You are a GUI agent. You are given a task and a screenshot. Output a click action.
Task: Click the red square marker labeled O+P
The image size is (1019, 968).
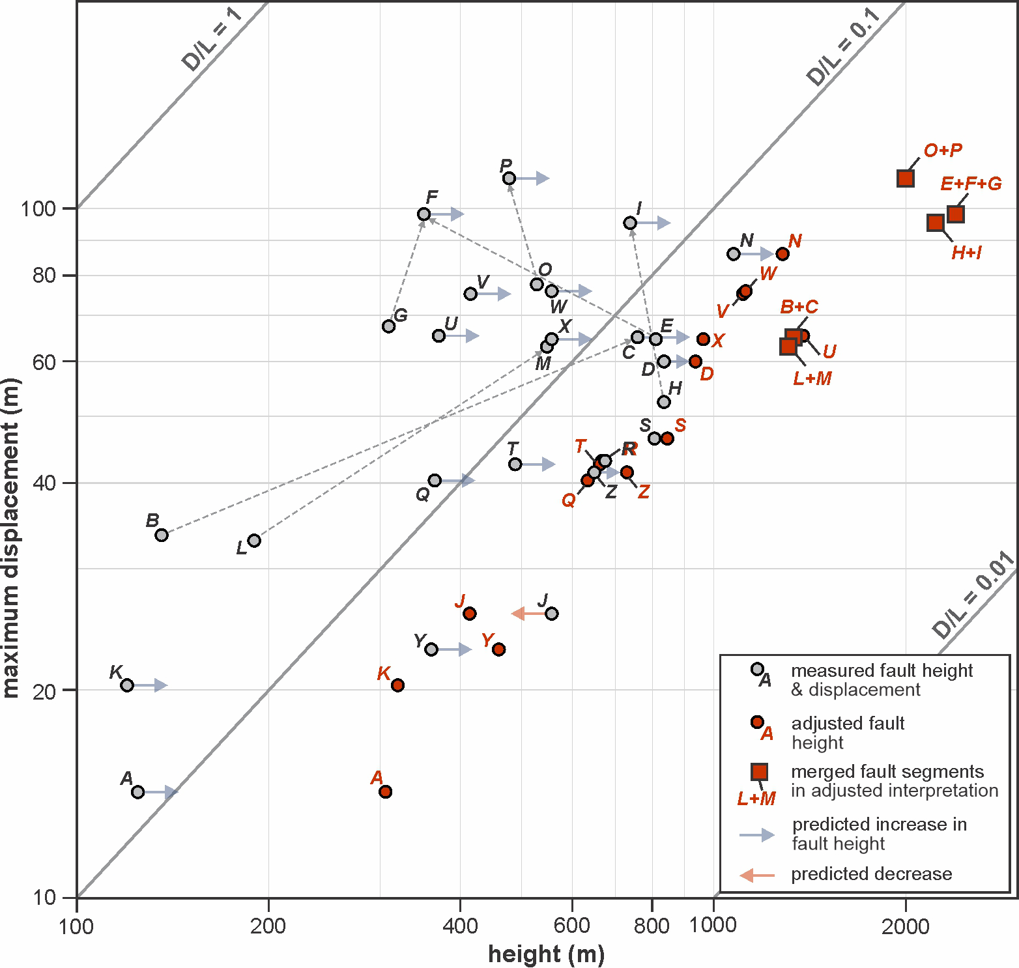coord(905,178)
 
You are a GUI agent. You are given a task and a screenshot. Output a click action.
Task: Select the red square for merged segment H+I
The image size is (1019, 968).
coord(936,223)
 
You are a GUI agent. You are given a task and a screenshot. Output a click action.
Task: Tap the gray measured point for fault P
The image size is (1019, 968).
coord(509,178)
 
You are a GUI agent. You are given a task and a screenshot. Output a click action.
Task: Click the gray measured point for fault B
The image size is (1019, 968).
coord(162,535)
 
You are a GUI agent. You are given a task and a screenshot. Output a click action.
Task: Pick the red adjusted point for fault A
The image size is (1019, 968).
coord(385,791)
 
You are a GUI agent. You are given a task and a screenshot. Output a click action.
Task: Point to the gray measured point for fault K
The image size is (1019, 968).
coord(127,685)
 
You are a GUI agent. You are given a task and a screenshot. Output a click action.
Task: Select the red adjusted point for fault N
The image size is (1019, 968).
coord(782,254)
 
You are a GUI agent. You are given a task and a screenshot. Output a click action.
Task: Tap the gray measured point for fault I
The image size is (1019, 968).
coord(630,223)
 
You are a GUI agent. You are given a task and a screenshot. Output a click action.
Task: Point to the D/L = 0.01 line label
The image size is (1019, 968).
coord(974,595)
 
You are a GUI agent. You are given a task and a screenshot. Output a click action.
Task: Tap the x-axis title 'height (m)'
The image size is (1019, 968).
coord(546,954)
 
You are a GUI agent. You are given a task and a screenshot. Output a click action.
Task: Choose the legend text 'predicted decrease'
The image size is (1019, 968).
coord(871,874)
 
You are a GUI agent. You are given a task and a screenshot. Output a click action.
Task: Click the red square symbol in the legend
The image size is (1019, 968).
coord(759,772)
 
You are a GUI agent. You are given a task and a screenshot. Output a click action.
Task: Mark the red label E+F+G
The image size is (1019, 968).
coord(971,184)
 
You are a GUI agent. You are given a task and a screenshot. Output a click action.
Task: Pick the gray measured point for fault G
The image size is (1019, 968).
coord(388,326)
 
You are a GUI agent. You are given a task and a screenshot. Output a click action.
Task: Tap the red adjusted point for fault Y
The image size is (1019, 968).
coord(498,649)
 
